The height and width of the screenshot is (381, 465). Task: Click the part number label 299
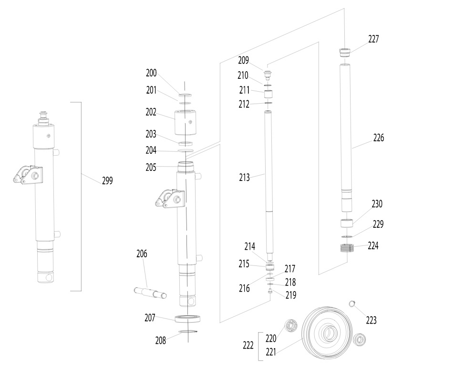point(107,181)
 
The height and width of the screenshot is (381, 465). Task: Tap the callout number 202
point(151,113)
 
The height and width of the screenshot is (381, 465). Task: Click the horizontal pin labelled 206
point(150,292)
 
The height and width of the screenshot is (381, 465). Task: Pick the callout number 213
point(244,178)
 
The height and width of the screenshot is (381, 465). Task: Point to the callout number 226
point(378,138)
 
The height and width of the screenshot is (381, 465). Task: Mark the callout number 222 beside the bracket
point(248,346)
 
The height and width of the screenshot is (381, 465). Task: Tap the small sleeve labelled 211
point(269,93)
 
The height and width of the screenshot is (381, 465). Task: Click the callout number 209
point(243,61)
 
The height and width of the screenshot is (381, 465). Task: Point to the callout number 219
point(290,296)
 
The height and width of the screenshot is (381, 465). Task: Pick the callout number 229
point(378,224)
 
